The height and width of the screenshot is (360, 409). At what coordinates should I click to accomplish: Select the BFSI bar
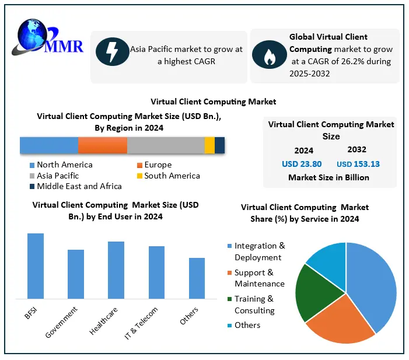(36, 266)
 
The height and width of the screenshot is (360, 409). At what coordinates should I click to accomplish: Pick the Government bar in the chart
(76, 274)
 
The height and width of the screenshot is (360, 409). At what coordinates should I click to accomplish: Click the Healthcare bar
(116, 270)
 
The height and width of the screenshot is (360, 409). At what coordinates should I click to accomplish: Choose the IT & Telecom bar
(156, 272)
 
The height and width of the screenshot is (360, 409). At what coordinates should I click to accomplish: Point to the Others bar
(197, 278)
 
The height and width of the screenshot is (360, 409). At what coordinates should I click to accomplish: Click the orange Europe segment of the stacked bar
(103, 145)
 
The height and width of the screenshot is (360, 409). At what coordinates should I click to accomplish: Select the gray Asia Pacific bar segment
(166, 145)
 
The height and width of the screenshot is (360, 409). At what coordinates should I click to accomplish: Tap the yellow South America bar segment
(209, 145)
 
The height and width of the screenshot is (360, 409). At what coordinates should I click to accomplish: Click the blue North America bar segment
(49, 145)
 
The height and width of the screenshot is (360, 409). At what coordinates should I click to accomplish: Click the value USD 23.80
(302, 164)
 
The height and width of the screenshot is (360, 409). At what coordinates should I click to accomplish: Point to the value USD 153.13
(358, 164)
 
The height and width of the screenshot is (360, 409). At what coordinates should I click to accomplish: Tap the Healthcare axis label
(103, 322)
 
